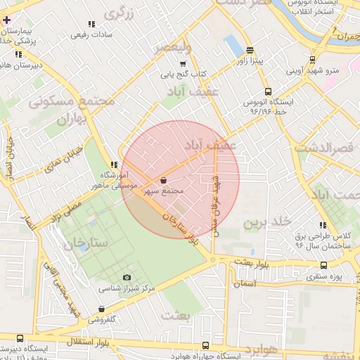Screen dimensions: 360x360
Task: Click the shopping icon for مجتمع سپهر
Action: tap(164, 180)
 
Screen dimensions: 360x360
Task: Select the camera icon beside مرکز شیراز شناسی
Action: tap(127, 278)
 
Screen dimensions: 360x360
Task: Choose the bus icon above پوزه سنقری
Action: tap(323, 266)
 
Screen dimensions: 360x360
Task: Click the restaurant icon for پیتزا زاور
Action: tap(250, 50)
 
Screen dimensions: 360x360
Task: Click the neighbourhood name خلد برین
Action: tap(267, 222)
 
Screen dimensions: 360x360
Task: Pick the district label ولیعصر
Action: tap(172, 47)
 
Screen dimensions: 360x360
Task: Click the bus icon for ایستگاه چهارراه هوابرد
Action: tap(205, 346)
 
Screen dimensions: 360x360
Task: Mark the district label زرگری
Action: tap(119, 13)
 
